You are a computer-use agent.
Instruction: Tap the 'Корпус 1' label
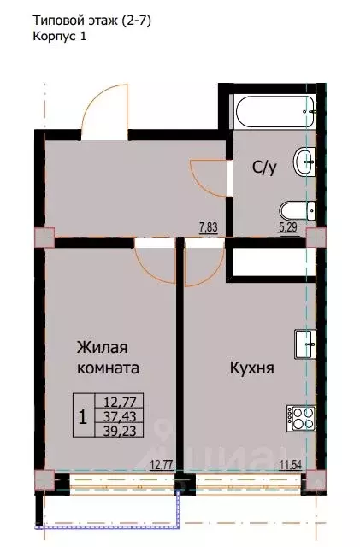(60, 38)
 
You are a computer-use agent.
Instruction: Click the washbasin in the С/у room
(303, 160)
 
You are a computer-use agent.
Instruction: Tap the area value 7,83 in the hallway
(208, 226)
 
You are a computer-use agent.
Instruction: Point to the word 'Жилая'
(103, 347)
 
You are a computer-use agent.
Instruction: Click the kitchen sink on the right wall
(304, 344)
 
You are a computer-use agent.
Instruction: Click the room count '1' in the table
(82, 417)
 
